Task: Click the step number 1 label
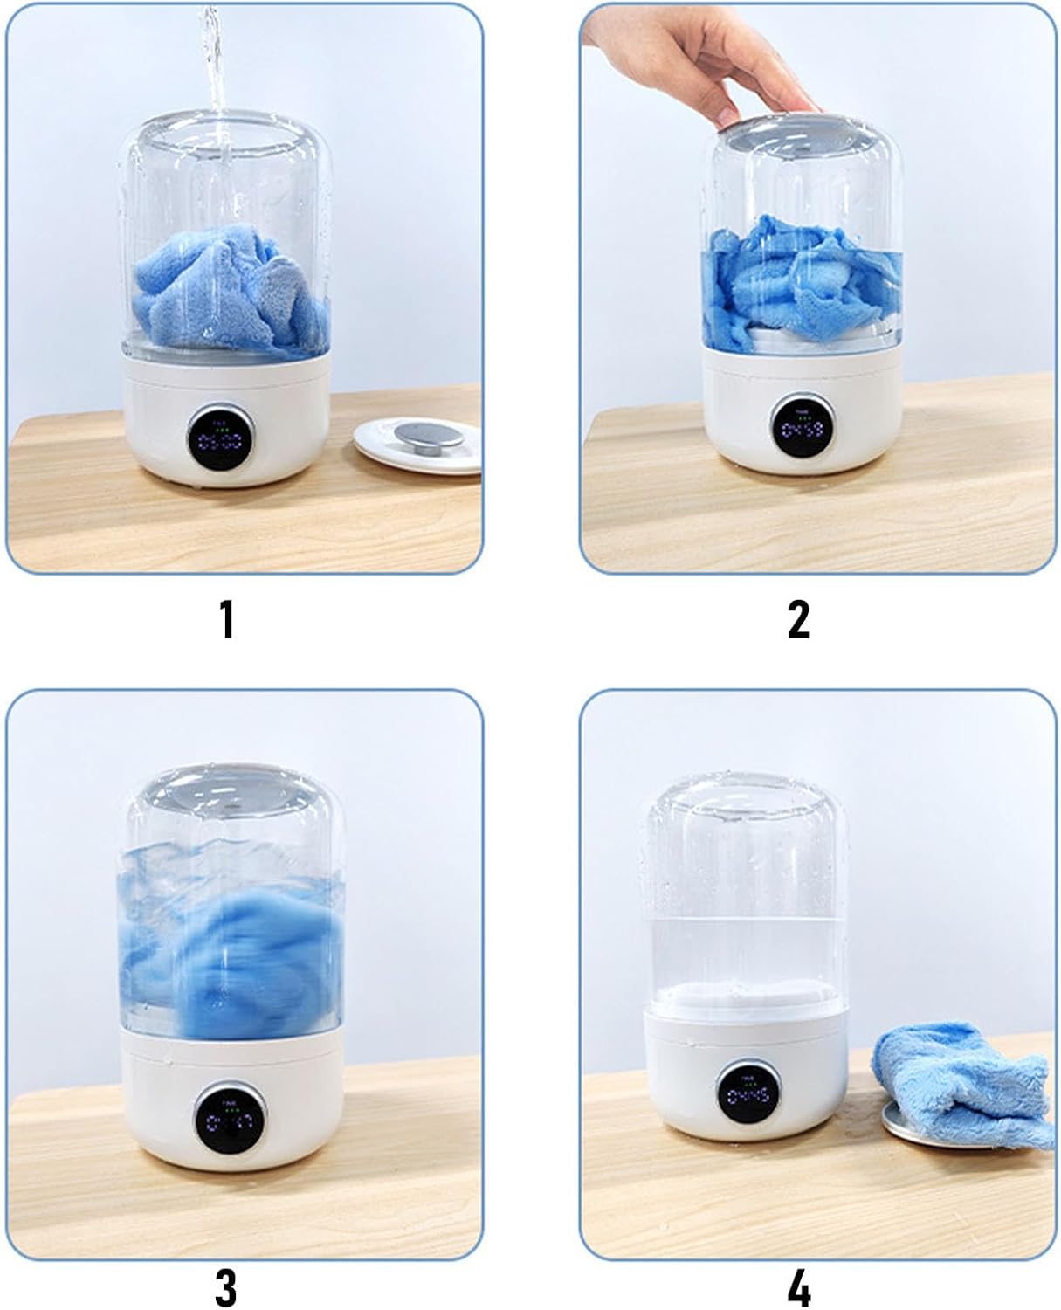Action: click(227, 619)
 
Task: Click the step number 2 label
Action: click(798, 619)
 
